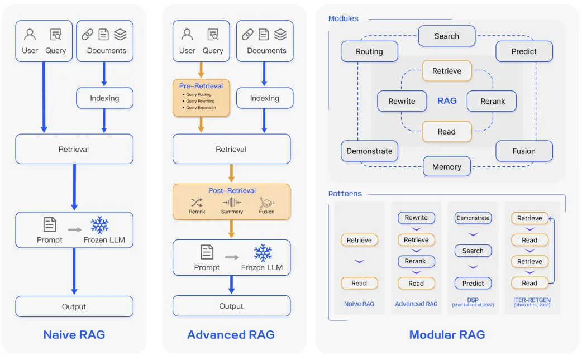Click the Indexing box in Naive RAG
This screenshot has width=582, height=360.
(x=104, y=98)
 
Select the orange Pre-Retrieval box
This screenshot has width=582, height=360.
(x=201, y=98)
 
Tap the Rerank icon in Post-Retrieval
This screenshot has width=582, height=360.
(x=197, y=203)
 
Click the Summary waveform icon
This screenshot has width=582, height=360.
(x=232, y=203)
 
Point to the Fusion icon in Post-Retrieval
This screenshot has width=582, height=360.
(x=266, y=203)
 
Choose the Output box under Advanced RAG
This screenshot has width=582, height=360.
(x=231, y=306)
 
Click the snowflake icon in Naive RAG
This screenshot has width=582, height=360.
(x=99, y=225)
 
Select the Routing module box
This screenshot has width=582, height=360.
(x=369, y=51)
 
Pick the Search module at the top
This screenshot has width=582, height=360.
(x=447, y=36)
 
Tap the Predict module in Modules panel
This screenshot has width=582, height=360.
(x=524, y=51)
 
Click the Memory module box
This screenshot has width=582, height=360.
(x=447, y=166)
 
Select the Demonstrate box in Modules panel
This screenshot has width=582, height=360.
(x=369, y=151)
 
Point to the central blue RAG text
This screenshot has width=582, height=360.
(x=447, y=101)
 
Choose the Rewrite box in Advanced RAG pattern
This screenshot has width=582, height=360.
(x=416, y=218)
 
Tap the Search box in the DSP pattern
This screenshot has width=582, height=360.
(x=473, y=251)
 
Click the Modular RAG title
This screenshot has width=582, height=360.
(x=447, y=335)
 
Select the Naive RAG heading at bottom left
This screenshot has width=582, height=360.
(x=74, y=335)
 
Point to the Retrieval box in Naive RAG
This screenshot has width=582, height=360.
(x=74, y=149)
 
